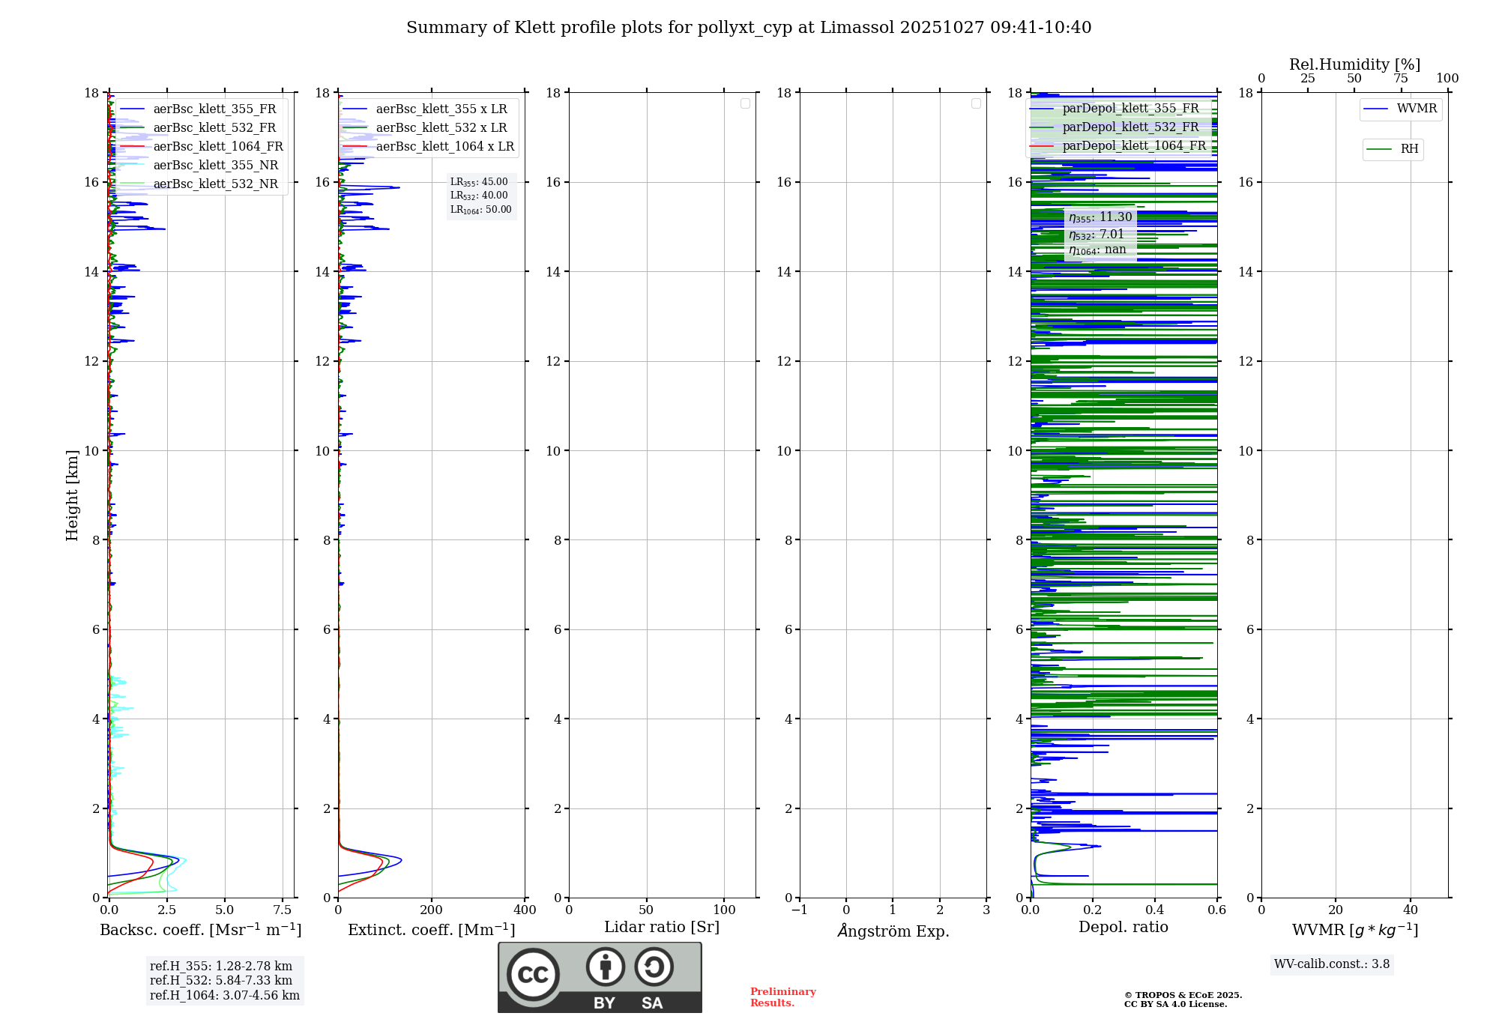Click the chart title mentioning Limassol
(749, 28)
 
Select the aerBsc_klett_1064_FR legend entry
(217, 147)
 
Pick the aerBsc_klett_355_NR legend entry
(215, 166)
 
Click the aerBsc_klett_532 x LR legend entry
(441, 128)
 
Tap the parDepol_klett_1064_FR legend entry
(1133, 146)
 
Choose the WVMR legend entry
(1416, 109)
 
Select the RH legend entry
(1408, 149)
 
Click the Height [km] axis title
(72, 495)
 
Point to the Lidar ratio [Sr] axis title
(662, 928)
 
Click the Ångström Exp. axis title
(893, 931)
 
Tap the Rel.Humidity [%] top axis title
(1354, 64)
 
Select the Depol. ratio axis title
(1123, 928)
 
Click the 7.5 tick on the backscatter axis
(283, 910)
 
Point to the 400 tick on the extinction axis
(525, 910)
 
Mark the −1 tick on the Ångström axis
(799, 910)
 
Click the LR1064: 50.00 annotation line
(480, 210)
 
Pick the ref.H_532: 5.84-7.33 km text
(221, 981)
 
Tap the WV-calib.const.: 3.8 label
(1332, 964)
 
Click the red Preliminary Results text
(782, 997)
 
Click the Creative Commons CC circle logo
(533, 975)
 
